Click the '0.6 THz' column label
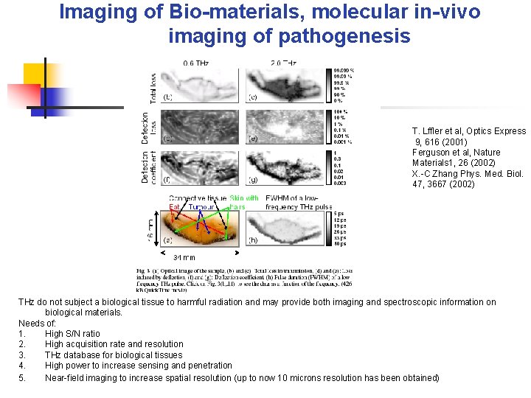[196, 63]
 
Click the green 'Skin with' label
[243, 198]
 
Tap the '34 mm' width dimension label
[184, 257]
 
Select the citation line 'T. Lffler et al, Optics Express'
[469, 131]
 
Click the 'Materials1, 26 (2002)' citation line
[453, 163]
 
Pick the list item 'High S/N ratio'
[72, 334]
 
